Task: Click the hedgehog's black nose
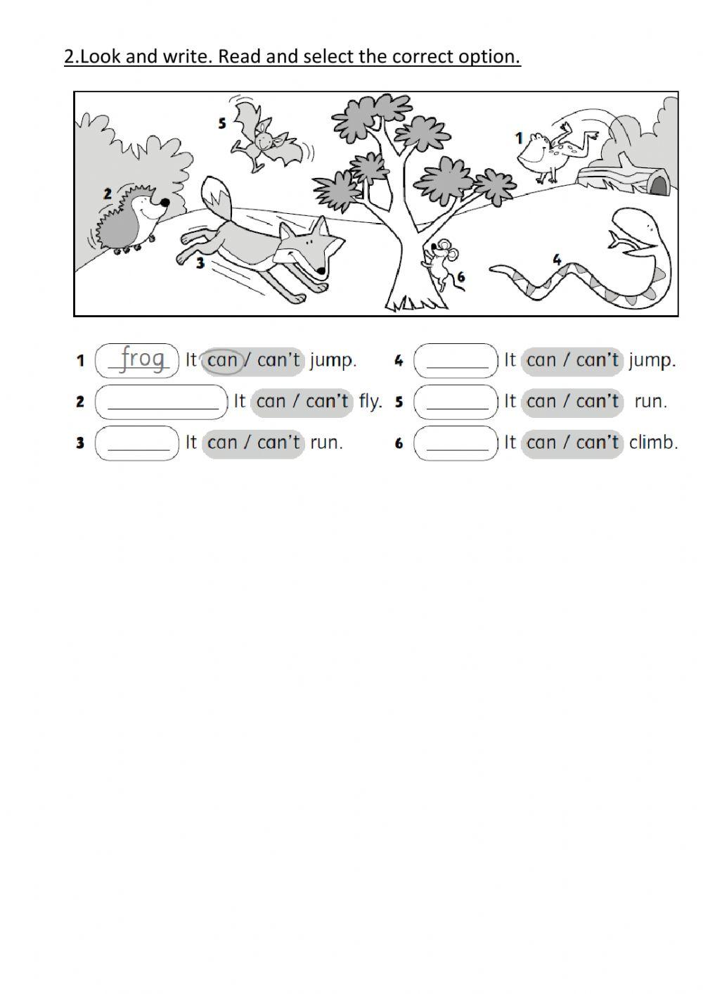coord(165,202)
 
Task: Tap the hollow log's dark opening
coord(658,185)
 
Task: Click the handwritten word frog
coord(143,358)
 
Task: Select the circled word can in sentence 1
coord(223,361)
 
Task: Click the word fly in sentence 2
coord(370,402)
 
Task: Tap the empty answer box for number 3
coord(138,443)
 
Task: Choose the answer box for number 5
coord(456,402)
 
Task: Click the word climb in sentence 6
coord(653,442)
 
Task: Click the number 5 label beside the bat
coord(222,123)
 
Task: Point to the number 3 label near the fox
coord(200,264)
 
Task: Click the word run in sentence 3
coord(326,443)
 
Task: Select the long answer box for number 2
coord(162,402)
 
